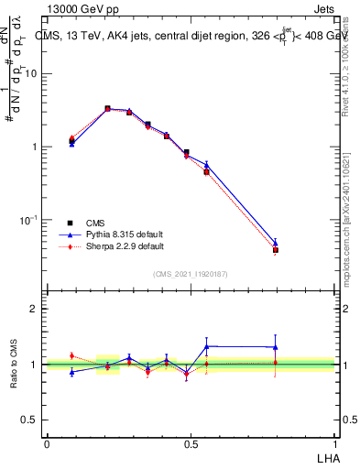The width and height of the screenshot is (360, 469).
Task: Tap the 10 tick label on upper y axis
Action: pos(30,74)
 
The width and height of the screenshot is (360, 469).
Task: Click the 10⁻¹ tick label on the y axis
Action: pos(28,221)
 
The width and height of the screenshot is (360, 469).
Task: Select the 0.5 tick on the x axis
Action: pos(191,442)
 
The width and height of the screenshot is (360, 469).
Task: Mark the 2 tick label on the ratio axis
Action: pos(35,309)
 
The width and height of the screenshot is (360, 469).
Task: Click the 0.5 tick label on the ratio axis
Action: pos(30,420)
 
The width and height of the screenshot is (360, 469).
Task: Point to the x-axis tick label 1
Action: pos(335,442)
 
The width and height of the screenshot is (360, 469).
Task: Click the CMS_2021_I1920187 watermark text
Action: pos(190,274)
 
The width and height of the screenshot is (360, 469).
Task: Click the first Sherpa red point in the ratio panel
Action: pos(71,355)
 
